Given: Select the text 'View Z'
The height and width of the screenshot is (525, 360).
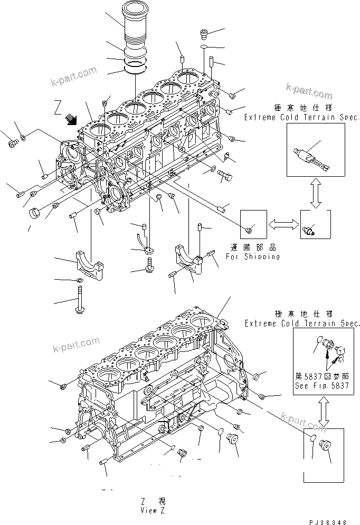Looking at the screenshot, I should [153, 510].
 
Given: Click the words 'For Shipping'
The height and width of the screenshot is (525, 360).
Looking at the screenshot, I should [252, 256].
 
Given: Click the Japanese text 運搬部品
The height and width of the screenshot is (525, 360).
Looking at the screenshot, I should [252, 247].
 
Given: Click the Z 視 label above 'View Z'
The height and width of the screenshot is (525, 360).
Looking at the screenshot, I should [153, 501].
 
